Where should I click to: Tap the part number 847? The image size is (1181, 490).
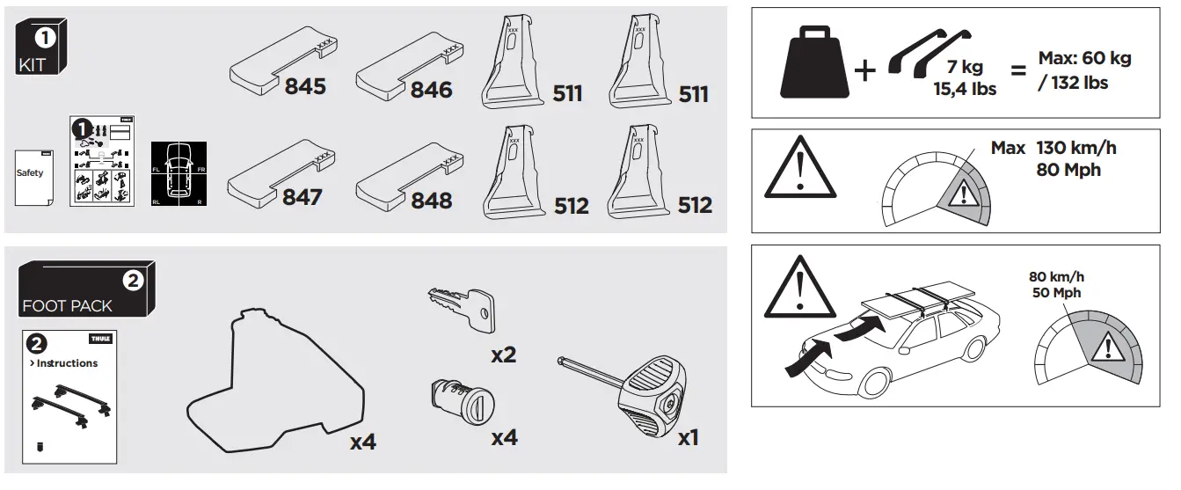tap(302, 197)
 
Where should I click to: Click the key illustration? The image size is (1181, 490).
tap(459, 309)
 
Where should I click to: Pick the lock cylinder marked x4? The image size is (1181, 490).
tap(454, 404)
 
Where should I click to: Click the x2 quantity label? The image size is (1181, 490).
tap(503, 355)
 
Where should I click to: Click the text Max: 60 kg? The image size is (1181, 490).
tap(1084, 60)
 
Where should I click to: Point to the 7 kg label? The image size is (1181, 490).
tap(966, 68)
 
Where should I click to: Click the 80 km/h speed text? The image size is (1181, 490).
tap(1056, 276)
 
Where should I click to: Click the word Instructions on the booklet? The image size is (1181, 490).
tap(67, 363)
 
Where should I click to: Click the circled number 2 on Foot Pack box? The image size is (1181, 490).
tap(132, 282)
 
